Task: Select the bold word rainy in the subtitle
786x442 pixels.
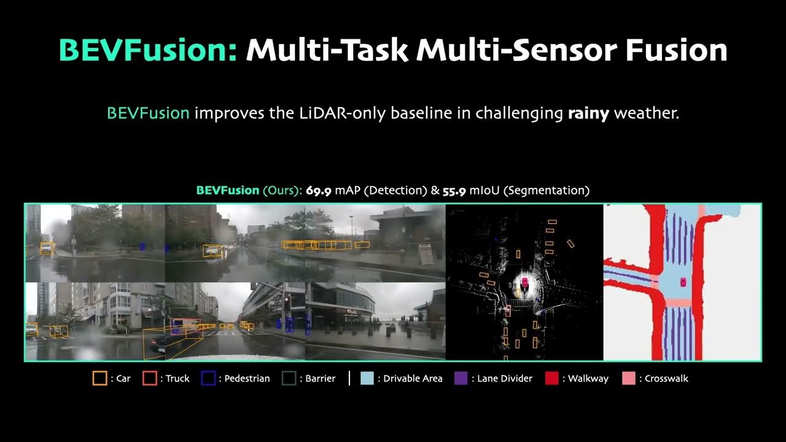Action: click(588, 114)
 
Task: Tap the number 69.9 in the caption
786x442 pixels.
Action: click(319, 190)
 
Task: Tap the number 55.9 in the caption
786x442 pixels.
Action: click(454, 190)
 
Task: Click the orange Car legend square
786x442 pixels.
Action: click(99, 378)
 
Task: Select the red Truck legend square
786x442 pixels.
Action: click(149, 378)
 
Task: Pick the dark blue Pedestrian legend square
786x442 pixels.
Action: click(208, 378)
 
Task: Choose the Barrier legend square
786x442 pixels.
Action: click(289, 378)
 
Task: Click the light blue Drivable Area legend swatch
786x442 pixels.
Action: click(367, 378)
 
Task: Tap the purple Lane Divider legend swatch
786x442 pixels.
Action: click(461, 378)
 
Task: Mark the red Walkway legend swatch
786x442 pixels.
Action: click(551, 378)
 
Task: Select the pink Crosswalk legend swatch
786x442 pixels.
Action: click(628, 378)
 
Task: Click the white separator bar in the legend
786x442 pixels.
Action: click(349, 378)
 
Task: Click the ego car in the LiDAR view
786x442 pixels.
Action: click(524, 282)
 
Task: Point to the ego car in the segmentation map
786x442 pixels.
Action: click(682, 282)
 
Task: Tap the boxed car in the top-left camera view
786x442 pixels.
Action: click(47, 248)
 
